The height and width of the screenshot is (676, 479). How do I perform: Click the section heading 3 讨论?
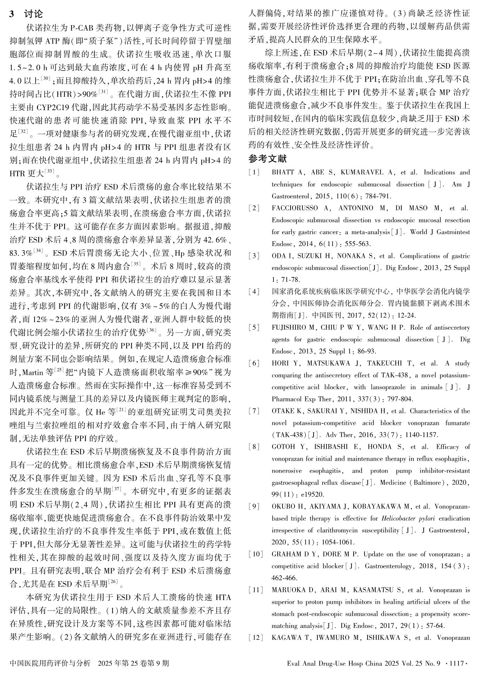pos(26,14)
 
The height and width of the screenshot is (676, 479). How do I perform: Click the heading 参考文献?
pos(268,159)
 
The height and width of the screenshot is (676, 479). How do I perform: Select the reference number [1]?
pos(254,172)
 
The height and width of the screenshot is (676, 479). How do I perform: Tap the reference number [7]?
pos(254,411)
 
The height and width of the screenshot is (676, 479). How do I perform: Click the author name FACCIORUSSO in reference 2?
pos(295,208)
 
